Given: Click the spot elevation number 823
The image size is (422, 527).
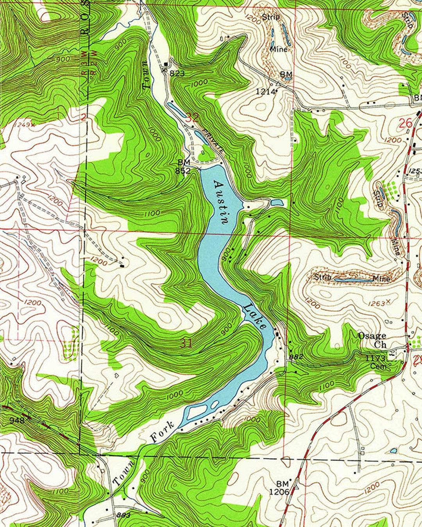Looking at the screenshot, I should pyautogui.click(x=177, y=73).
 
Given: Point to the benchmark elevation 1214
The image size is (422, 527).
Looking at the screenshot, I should pyautogui.click(x=266, y=92).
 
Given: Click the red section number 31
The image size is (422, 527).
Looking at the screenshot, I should pyautogui.click(x=186, y=344).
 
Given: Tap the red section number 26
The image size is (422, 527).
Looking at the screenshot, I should pyautogui.click(x=406, y=123).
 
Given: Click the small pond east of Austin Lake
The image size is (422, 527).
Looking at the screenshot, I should pyautogui.click(x=277, y=203).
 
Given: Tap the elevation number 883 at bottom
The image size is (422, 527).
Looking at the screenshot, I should pyautogui.click(x=123, y=516).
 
